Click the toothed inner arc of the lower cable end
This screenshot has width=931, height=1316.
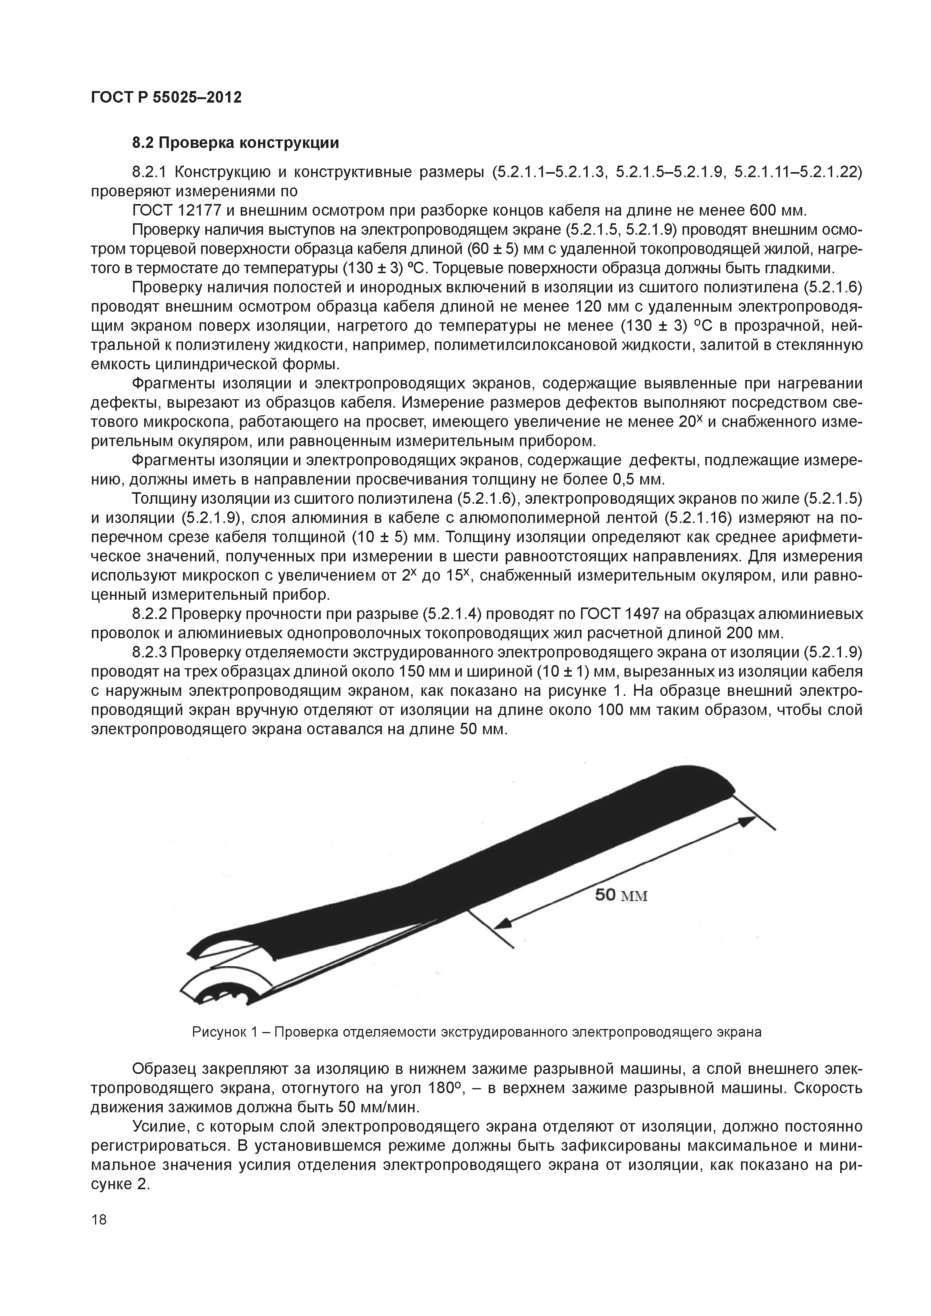pyautogui.click(x=232, y=994)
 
